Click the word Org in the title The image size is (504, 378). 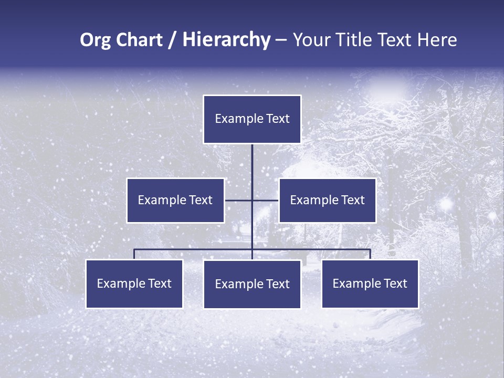tap(96, 40)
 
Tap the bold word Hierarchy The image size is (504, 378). tap(226, 40)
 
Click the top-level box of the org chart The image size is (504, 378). tap(252, 119)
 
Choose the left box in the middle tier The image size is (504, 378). tap(175, 200)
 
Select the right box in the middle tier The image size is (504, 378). tap(327, 200)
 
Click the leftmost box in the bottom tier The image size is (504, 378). tap(134, 283)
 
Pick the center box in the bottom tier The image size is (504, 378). tap(252, 284)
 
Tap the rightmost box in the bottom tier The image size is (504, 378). tap(370, 283)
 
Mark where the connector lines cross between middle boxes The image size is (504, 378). tap(252, 200)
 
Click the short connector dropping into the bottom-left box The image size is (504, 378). tap(134, 254)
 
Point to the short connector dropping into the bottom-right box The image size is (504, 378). tap(370, 254)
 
